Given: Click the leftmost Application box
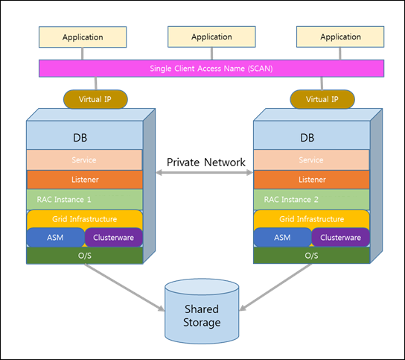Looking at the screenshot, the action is (x=83, y=37).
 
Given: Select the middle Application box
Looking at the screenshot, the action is (x=211, y=37).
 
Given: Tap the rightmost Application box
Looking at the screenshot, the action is (x=340, y=37).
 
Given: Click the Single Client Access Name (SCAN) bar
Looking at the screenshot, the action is (x=211, y=69).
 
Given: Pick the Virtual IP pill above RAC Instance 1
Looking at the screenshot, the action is (x=95, y=99).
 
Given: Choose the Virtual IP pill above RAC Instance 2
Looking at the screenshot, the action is (x=322, y=99).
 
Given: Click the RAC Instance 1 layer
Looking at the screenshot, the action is (x=84, y=200).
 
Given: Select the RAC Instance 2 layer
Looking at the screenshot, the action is (x=311, y=200).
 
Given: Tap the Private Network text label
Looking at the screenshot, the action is (x=206, y=162).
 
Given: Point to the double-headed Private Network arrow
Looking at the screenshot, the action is (x=204, y=173).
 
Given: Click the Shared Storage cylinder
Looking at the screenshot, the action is (x=202, y=312).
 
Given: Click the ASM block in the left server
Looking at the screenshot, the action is (x=56, y=238).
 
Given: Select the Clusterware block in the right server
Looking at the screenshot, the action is (x=340, y=238).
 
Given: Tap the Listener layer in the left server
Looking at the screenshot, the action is (x=84, y=180).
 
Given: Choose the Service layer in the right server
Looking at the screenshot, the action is (x=311, y=160).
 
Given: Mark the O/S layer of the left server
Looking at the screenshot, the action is (x=84, y=256).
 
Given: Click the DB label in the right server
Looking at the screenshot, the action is (x=307, y=138).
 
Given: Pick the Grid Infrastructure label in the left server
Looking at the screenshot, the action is (x=84, y=219).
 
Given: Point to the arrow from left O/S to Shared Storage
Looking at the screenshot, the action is (x=124, y=287).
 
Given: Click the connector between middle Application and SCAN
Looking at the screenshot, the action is (x=211, y=54).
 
